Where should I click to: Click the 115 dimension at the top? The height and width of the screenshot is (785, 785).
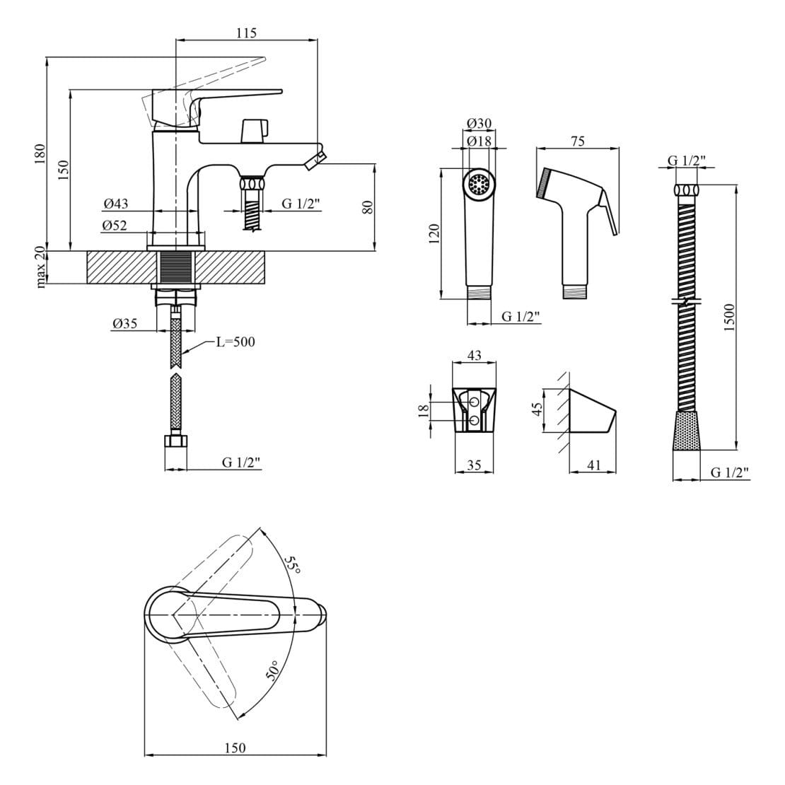246,33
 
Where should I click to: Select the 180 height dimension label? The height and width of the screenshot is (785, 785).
40,153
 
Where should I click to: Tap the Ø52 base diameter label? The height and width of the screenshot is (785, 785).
115,225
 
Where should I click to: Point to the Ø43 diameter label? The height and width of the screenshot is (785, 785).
115,204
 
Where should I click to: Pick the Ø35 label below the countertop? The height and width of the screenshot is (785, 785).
124,324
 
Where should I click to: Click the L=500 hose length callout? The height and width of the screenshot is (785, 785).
235,342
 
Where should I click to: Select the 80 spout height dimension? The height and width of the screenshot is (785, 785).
366,207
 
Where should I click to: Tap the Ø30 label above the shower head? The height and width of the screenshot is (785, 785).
479,123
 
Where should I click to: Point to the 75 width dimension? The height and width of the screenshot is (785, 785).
577,141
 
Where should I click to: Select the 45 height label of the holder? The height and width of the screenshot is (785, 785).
537,409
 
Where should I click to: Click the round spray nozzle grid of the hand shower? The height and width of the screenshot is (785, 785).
479,185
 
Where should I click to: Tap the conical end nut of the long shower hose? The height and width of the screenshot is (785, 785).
686,431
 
